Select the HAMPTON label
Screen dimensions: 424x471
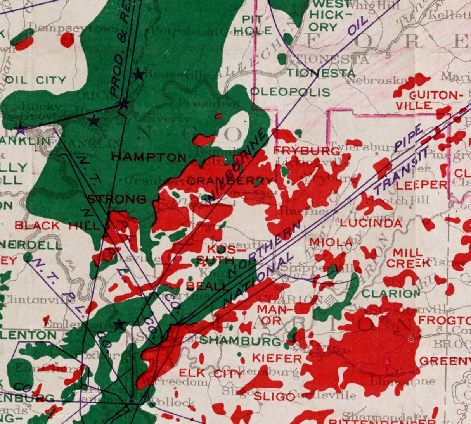coord(149,157)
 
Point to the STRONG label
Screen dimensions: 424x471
coord(117,199)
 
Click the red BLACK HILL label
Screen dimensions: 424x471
coord(57,226)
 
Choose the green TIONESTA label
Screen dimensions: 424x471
coord(321,73)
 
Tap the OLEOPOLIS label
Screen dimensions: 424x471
coord(290,92)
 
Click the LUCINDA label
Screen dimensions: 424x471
coord(371,223)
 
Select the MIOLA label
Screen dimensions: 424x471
coord(331,242)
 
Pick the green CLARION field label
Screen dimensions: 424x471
coord(391,293)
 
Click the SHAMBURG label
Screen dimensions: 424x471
coord(240,341)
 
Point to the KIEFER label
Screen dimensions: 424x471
coord(277,358)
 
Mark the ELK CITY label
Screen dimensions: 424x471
coord(211,373)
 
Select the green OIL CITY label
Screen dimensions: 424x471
coord(36,80)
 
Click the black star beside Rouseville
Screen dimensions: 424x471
coord(138,74)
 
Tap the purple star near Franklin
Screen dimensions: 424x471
coord(20,129)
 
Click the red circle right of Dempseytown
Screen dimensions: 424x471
coord(67,40)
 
